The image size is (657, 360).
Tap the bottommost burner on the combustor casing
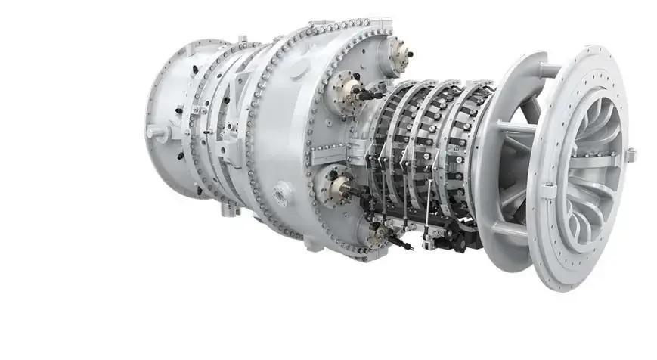pyautogui.click(x=379, y=235)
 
